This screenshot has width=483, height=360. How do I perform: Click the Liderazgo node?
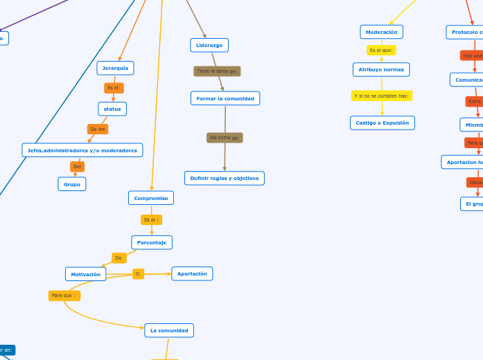coord(209,45)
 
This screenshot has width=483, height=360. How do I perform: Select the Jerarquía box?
coord(115,68)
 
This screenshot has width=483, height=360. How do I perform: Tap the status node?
coord(112,109)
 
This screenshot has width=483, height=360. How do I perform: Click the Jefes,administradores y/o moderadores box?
coord(82,150)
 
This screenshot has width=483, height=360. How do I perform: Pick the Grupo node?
coord(72,184)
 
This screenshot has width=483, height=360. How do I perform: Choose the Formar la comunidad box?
coord(225,98)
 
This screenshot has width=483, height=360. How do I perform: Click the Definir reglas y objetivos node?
coord(225,178)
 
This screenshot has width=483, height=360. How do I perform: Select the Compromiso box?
coord(151,198)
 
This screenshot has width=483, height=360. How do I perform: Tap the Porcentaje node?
coord(152,242)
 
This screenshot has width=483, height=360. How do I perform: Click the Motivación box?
coord(86,274)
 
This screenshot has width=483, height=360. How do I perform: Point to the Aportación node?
coord(192,273)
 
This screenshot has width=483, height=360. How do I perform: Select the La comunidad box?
coord(169,330)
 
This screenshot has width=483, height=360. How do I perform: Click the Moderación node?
coord(381,32)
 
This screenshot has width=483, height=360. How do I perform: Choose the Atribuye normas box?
coord(381,69)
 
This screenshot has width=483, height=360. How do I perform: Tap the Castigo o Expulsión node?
coord(382,123)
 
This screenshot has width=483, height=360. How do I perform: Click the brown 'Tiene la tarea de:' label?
coord(217,71)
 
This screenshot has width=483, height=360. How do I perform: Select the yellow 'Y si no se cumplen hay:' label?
coord(382,96)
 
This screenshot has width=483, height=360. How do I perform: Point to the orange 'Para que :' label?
coord(64,296)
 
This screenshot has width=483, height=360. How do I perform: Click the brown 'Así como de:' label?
coord(225,138)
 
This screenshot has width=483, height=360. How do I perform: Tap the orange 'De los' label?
coord(98,129)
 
